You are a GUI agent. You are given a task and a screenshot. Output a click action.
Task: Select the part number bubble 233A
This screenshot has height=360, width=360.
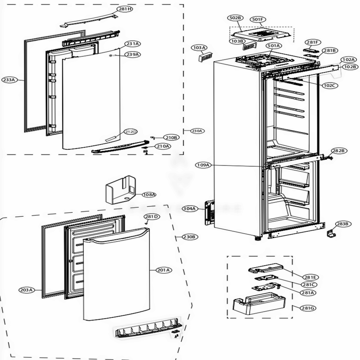pyautogui.click(x=9, y=80)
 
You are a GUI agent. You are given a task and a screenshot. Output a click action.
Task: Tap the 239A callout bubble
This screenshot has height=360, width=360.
pyautogui.click(x=132, y=54)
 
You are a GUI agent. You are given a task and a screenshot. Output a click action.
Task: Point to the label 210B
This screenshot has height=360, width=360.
pyautogui.click(x=171, y=137)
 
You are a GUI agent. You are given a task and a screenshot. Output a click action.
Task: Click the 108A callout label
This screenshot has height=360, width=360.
pyautogui.click(x=149, y=194)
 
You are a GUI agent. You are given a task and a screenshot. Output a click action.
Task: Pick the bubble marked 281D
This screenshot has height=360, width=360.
pyautogui.click(x=151, y=216)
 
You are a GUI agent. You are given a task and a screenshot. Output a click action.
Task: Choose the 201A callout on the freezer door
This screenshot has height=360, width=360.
pyautogui.click(x=163, y=270)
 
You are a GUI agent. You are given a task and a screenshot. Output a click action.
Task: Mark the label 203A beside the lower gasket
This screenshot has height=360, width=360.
pyautogui.click(x=26, y=289)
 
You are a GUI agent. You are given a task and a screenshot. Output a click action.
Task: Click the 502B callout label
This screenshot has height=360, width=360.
pyautogui.click(x=235, y=18)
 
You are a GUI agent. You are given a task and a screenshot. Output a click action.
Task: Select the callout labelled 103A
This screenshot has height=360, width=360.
pyautogui.click(x=199, y=48)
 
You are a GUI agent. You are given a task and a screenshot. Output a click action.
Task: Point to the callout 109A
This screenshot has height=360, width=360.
pyautogui.click(x=203, y=165)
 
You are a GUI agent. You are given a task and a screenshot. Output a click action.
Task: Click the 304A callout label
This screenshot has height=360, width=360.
pyautogui.click(x=189, y=208)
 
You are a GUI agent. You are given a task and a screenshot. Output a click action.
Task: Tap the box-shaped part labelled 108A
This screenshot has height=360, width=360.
pyautogui.click(x=120, y=189)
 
